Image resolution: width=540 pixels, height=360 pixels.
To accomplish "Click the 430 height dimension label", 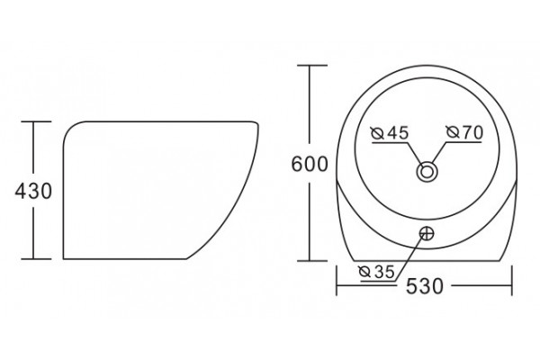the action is pos(33,191).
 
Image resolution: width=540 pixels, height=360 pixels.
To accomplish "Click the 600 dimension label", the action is pos(310,164).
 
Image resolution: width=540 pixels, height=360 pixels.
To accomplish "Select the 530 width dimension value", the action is pos(425,286).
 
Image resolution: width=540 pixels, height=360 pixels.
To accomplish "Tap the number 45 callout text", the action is pos(398,132).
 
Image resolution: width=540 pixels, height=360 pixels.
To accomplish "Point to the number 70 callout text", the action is pos(472,132).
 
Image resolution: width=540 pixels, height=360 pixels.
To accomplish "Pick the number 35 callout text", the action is pos(384,272).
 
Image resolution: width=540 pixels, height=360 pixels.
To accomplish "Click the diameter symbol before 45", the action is pos(377,133).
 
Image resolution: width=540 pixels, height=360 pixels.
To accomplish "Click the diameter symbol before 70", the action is pos(453,132).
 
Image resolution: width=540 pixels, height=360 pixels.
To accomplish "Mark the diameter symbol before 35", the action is pos(364,272).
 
